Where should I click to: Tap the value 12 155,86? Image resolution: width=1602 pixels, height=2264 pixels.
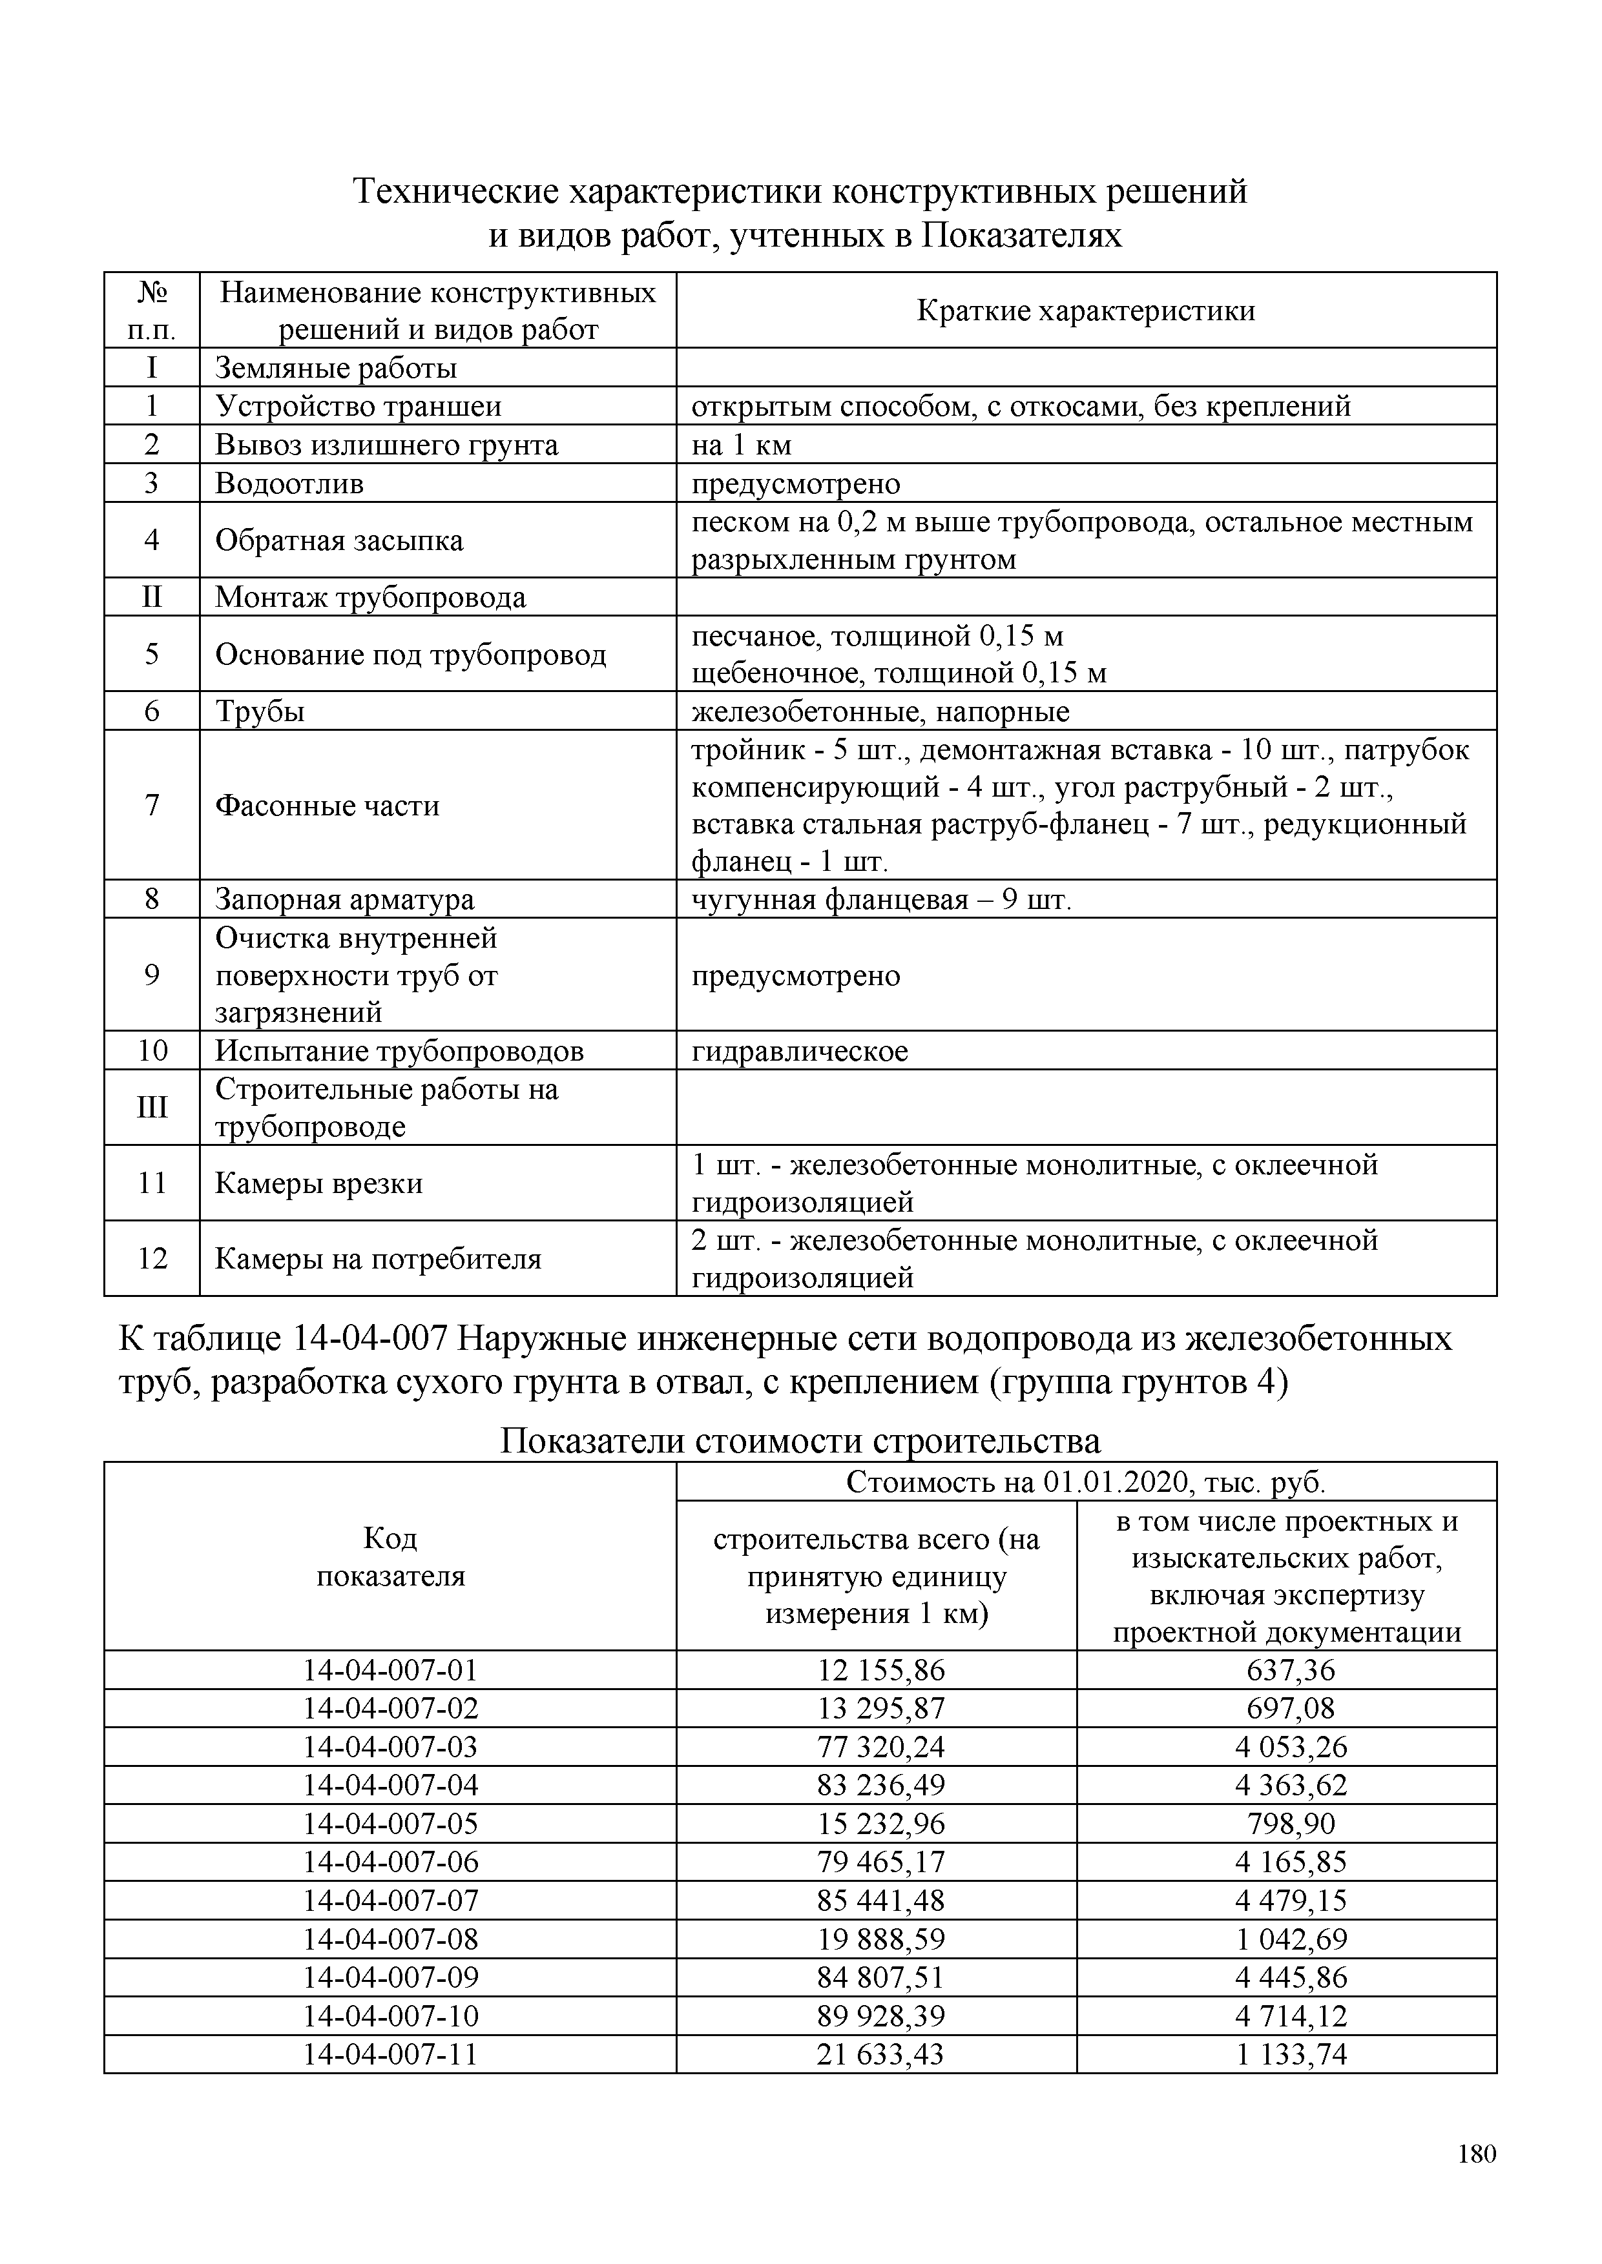(x=880, y=1669)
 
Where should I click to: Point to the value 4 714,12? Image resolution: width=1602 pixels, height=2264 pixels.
(x=1290, y=2015)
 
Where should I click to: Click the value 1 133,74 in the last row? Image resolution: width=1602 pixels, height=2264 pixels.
(x=1290, y=2054)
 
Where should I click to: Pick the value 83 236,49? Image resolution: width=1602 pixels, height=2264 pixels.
(x=880, y=1785)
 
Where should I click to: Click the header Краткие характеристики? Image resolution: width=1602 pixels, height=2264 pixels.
(x=1085, y=311)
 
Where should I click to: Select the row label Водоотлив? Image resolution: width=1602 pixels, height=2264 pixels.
(x=289, y=483)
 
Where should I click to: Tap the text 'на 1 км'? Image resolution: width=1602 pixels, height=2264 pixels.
(x=741, y=445)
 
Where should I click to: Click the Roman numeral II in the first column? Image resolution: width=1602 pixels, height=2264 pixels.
(x=152, y=597)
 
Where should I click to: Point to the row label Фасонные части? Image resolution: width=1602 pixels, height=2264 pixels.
(x=326, y=806)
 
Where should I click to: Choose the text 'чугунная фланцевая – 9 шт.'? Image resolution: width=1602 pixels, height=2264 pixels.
(x=881, y=899)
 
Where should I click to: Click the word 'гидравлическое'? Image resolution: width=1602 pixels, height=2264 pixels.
(x=799, y=1050)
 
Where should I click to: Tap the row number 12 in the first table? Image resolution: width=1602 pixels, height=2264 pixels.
(x=152, y=1258)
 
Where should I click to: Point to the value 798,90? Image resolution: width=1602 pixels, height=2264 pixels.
(x=1290, y=1823)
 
